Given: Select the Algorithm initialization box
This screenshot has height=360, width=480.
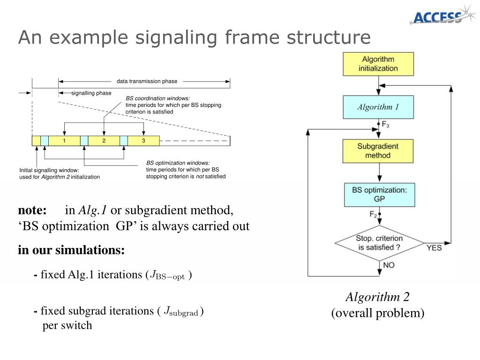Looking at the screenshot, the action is tap(378, 64).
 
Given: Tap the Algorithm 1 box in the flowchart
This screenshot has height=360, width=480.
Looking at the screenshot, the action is tap(378, 107).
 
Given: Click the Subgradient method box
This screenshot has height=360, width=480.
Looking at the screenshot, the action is tap(378, 151).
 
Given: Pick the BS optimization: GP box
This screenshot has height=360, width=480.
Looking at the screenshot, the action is tap(379, 195).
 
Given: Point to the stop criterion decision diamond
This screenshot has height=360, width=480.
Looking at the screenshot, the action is tap(379, 243).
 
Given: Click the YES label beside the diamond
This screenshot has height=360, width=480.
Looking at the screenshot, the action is tap(434, 247).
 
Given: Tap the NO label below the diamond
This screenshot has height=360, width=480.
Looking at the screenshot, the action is tap(389, 265).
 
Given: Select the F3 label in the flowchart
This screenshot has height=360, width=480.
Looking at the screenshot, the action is tap(385, 125).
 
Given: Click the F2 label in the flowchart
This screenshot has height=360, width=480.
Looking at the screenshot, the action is tap(373, 214).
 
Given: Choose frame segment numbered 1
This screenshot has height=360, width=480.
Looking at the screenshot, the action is tap(64, 141).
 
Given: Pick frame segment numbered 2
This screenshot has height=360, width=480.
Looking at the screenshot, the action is tap(104, 141).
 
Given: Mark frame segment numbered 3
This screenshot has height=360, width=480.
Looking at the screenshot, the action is tap(143, 141).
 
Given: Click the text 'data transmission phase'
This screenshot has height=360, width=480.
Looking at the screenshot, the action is tap(147, 81).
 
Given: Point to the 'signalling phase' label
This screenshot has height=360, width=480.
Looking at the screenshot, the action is tap(91, 93).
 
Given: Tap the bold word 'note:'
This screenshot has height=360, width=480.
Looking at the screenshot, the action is tap(32, 210).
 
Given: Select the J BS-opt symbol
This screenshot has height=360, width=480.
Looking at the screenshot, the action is tap(167, 275).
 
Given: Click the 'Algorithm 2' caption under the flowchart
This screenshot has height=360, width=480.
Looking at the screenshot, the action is tap(377, 297).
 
